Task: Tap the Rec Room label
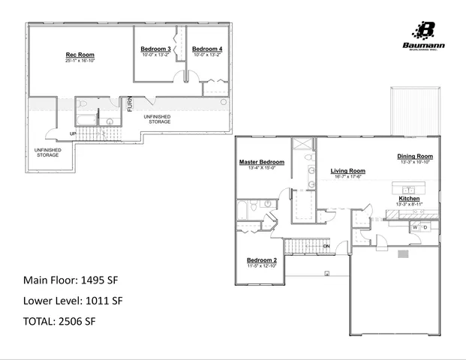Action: coord(80,55)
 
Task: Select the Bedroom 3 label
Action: coord(155,49)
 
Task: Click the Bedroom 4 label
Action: coord(207,49)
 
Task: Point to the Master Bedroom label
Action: coord(261,162)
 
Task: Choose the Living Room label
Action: coord(347,170)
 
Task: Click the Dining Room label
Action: coord(415,156)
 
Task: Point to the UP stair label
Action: coord(73,134)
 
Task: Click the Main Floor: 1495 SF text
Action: coord(71,280)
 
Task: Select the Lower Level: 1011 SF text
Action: coord(73,301)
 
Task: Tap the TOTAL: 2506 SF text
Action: coord(59,321)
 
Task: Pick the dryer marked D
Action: coord(425,226)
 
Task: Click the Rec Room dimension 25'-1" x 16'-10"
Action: coord(80,61)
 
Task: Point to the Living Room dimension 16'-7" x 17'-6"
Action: coord(347,177)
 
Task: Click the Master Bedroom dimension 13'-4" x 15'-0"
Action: coord(261,168)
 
